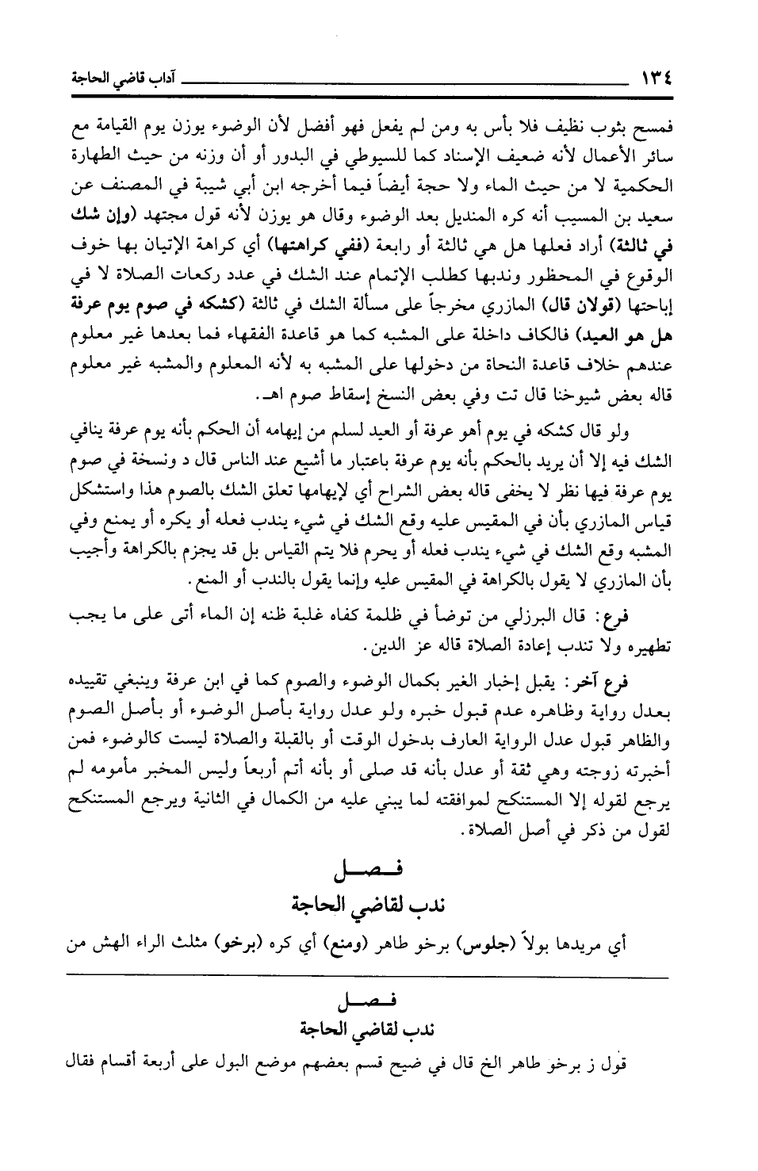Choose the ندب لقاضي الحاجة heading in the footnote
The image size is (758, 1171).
point(367,1029)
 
